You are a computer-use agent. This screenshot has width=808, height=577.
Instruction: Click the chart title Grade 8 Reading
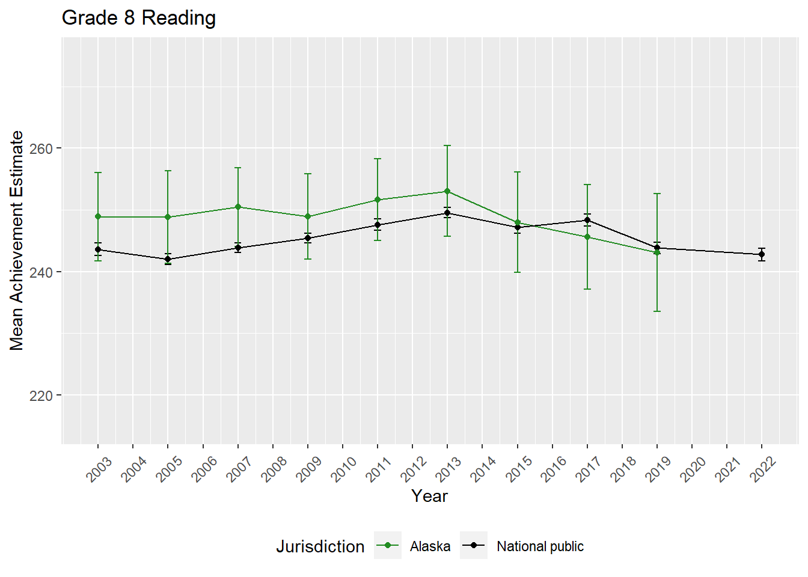click(139, 18)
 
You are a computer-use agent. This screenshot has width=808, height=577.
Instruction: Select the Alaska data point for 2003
click(98, 216)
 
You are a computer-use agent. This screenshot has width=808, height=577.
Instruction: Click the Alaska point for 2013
click(447, 191)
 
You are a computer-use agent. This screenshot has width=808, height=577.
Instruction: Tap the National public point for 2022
click(762, 254)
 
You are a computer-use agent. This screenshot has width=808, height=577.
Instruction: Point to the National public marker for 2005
click(168, 259)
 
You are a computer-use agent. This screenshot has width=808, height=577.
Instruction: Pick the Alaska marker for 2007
click(238, 207)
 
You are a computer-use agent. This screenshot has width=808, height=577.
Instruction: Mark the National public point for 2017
click(587, 220)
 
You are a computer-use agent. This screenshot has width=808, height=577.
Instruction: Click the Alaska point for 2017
click(587, 237)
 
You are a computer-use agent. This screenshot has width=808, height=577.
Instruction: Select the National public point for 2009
click(308, 238)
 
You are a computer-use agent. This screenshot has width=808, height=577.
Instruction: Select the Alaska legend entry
click(430, 546)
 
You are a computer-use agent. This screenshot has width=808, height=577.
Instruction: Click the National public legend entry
click(540, 546)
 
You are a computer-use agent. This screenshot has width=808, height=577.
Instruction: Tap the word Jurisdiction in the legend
click(320, 546)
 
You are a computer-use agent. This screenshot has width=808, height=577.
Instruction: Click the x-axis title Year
click(429, 496)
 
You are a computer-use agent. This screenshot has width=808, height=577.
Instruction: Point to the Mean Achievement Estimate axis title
click(17, 240)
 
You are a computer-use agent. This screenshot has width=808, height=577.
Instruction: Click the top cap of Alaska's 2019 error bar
click(657, 194)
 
